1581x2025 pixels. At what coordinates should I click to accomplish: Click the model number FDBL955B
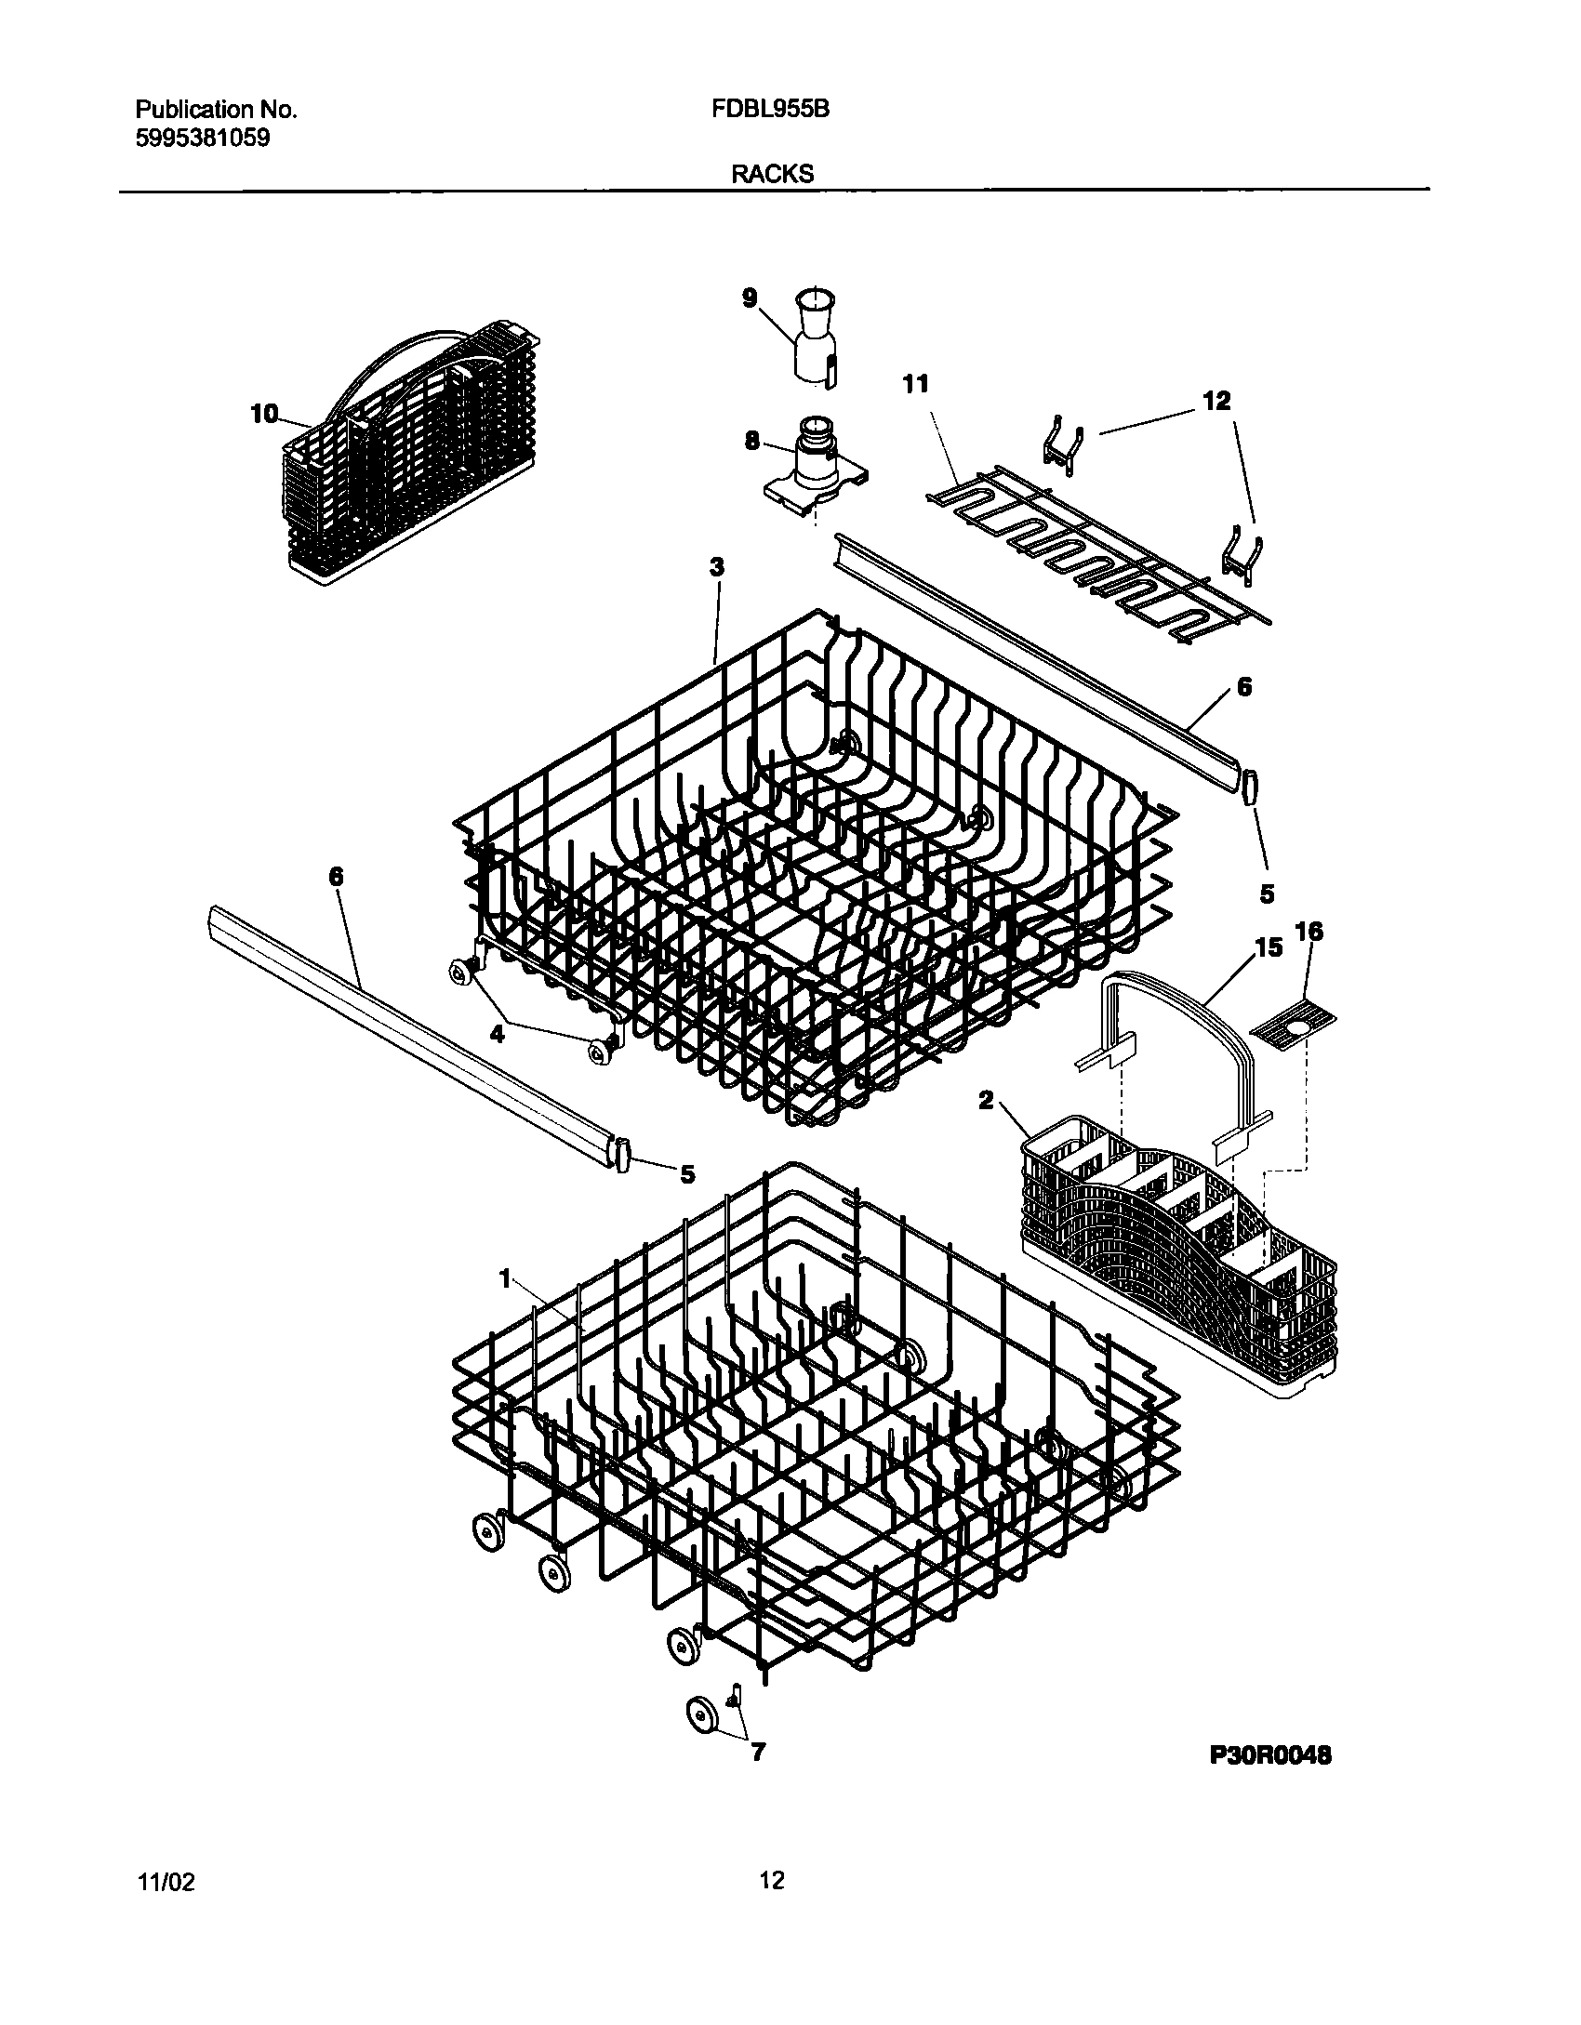coord(770,110)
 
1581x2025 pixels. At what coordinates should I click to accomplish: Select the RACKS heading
coord(772,174)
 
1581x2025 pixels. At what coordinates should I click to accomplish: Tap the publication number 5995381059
coord(203,139)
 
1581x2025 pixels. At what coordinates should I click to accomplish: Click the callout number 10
coord(265,414)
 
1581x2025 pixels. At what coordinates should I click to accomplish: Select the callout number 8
coord(751,441)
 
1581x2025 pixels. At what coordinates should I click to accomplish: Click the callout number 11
coord(916,384)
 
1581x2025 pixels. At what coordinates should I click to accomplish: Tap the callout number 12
coord(1216,401)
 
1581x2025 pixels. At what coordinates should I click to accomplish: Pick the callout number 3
coord(716,567)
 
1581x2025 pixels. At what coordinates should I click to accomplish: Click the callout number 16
coord(1309,932)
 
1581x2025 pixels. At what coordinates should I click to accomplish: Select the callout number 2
coord(986,1101)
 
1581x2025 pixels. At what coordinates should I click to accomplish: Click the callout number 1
coord(506,1280)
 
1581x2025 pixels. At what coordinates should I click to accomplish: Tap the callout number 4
coord(498,1033)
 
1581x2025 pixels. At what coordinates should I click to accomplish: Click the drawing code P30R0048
coord(1270,1755)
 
